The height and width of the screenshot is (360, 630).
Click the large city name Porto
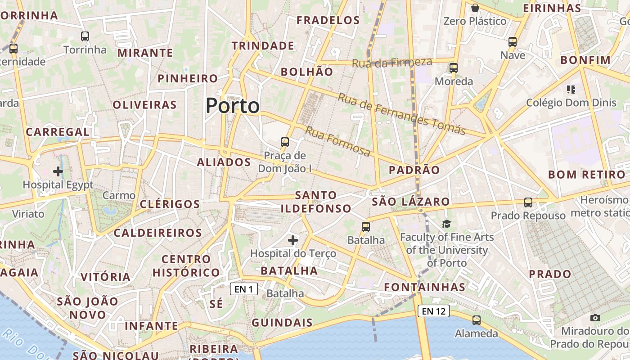click(x=233, y=106)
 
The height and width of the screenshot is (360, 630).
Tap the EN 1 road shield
click(x=244, y=289)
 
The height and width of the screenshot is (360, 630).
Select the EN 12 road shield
click(x=434, y=310)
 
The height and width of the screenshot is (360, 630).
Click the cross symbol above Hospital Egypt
click(x=58, y=171)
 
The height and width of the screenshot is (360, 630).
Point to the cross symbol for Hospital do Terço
click(x=293, y=240)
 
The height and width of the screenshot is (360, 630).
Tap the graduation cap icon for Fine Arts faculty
click(x=446, y=224)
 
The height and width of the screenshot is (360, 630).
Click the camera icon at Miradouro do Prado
click(x=595, y=318)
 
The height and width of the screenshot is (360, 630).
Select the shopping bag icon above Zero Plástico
click(x=475, y=8)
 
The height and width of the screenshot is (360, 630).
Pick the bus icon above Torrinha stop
click(x=85, y=36)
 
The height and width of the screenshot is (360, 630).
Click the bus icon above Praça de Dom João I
click(x=285, y=142)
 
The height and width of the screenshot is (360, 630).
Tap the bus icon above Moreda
click(x=454, y=68)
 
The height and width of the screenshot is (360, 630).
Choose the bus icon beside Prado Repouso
click(x=528, y=202)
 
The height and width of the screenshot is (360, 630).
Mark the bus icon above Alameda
click(x=476, y=320)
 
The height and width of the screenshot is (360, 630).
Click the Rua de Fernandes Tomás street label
click(x=401, y=114)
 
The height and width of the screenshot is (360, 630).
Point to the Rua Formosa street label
click(x=337, y=141)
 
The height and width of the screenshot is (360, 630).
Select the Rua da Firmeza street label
click(x=391, y=63)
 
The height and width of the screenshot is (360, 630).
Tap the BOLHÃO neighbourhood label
click(x=307, y=72)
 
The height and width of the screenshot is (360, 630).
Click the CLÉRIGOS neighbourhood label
click(x=170, y=204)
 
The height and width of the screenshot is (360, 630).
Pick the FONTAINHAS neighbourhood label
click(x=424, y=287)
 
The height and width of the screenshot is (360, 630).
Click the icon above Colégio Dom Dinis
click(x=571, y=90)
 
